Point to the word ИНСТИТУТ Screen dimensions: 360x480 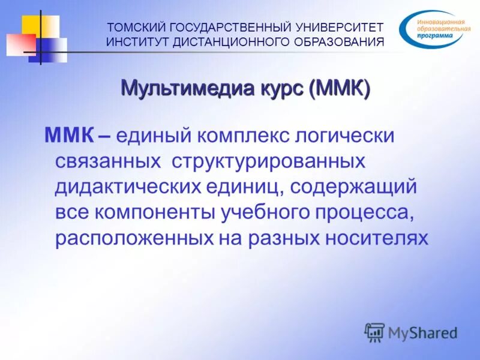(136, 42)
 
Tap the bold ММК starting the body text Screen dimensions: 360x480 (68, 136)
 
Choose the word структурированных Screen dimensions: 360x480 (268, 161)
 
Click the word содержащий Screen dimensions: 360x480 (353, 187)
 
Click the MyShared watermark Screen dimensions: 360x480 (410, 332)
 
